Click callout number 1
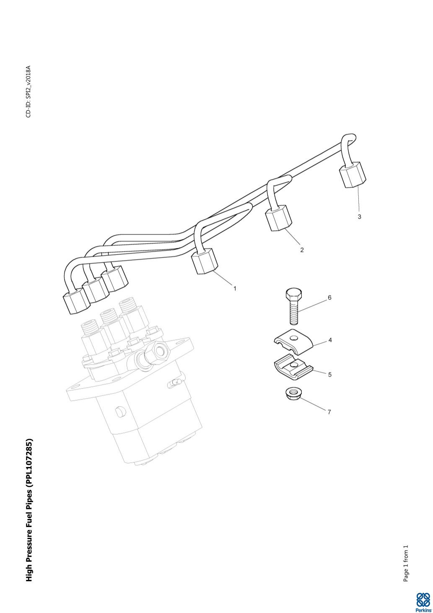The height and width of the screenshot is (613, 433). point(235,288)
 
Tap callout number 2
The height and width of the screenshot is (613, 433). point(302,250)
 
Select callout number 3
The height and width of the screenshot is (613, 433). point(359,217)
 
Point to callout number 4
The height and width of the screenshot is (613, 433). point(330,340)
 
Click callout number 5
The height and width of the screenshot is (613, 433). point(330,374)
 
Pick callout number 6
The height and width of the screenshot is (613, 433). point(329,297)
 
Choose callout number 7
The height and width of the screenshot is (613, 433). point(329,412)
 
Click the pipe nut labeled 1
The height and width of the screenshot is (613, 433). point(205,261)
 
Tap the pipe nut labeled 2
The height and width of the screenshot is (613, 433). point(278,218)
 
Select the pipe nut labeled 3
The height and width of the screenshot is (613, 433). point(352,174)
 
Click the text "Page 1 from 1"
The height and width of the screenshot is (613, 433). point(405,563)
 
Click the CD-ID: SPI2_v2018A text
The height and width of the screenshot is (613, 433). point(29,91)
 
